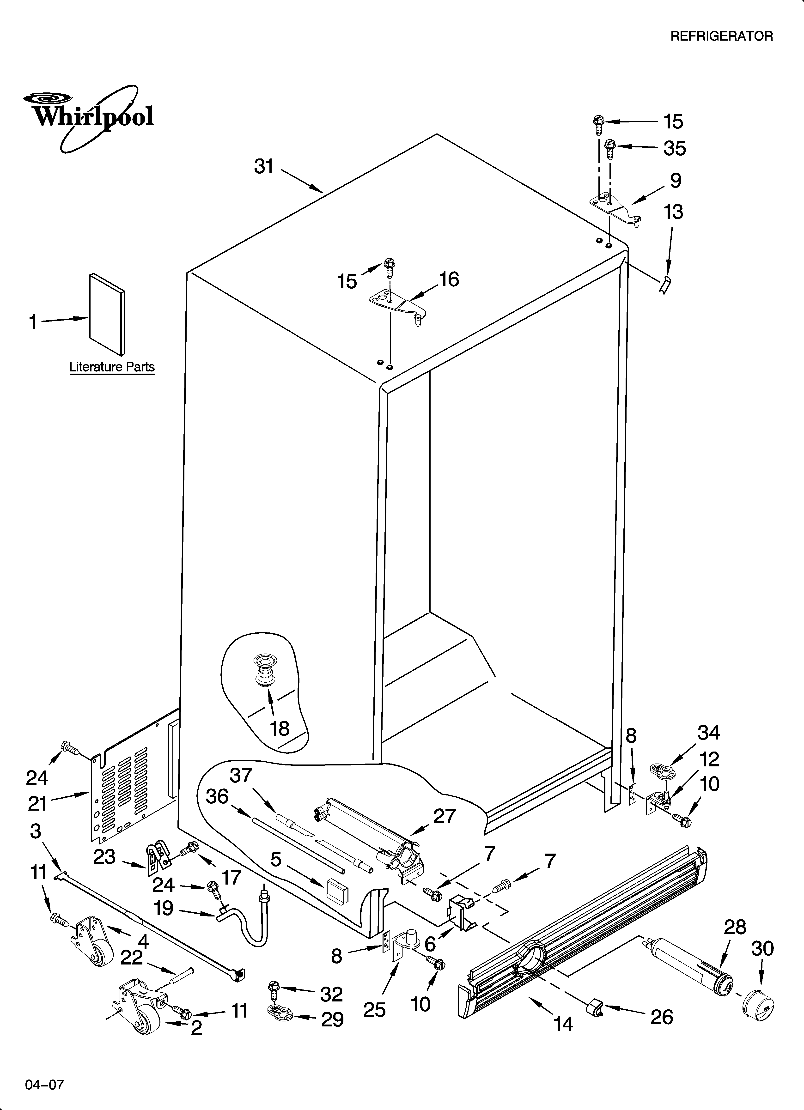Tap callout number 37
point(241,775)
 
